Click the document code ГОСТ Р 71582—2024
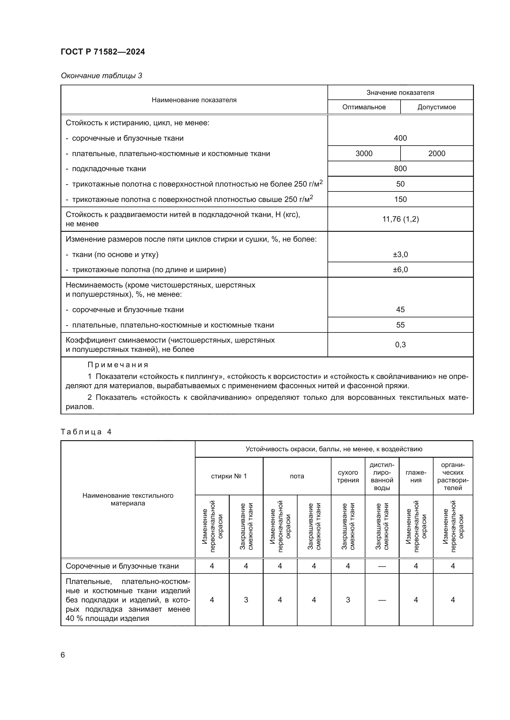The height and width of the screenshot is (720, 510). (x=103, y=52)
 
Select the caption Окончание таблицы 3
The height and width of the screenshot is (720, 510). (x=101, y=76)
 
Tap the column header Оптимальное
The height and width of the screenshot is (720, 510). (x=364, y=107)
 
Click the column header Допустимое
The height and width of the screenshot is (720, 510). (x=436, y=107)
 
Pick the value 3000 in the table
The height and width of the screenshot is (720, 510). (x=364, y=153)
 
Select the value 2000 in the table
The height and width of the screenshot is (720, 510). (x=437, y=153)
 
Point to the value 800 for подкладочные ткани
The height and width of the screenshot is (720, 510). (x=400, y=169)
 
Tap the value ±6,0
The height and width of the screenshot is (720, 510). (x=400, y=270)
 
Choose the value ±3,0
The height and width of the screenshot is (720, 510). (x=400, y=254)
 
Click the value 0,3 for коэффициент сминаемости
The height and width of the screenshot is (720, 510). (x=400, y=345)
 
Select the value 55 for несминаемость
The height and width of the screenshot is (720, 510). (x=400, y=325)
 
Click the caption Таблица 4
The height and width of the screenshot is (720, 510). (x=86, y=432)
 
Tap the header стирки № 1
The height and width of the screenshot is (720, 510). (x=228, y=476)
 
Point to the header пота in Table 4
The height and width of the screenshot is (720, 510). (x=297, y=476)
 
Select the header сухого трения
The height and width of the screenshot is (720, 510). (x=348, y=476)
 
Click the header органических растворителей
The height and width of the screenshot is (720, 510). (x=453, y=476)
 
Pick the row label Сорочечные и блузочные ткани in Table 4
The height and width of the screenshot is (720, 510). (x=122, y=566)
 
